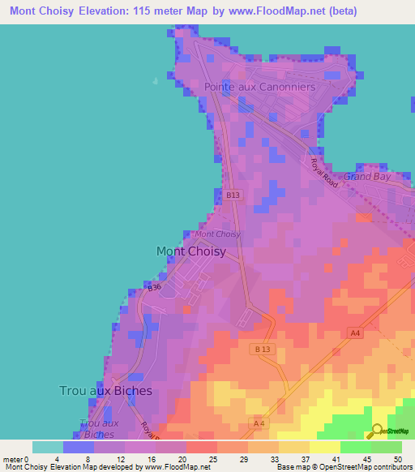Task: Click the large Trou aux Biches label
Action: pos(105,390)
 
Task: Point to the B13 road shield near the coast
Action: pos(233,195)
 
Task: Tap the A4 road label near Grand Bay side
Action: pos(355,333)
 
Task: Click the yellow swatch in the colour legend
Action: pos(325,447)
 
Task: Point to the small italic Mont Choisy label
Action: pos(217,234)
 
